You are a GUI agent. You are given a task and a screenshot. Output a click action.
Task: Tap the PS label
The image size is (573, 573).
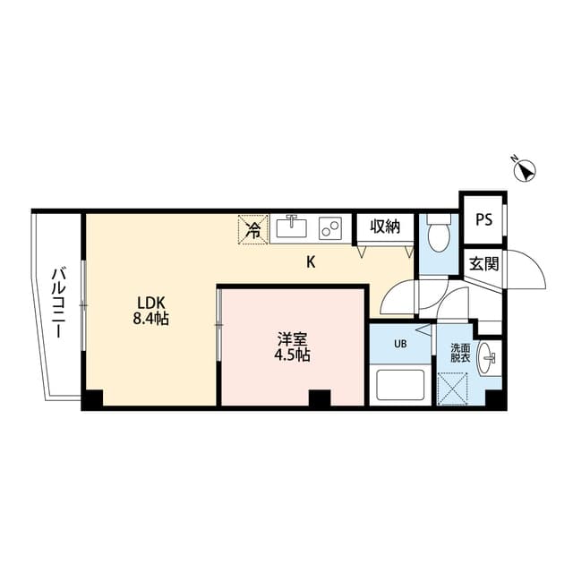pos(483,219)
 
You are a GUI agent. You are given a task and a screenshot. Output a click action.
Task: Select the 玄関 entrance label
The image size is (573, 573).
pos(484,263)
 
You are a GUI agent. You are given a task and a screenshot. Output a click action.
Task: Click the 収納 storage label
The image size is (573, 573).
pos(384,227)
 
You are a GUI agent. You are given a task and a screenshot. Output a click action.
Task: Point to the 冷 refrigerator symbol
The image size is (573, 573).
pos(253,229)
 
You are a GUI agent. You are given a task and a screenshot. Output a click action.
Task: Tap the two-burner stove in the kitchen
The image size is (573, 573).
pos(330,228)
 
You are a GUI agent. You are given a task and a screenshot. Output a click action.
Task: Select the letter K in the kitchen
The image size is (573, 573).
pos(311,262)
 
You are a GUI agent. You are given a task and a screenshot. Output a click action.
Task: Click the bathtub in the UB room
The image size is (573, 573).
pos(401,386)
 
